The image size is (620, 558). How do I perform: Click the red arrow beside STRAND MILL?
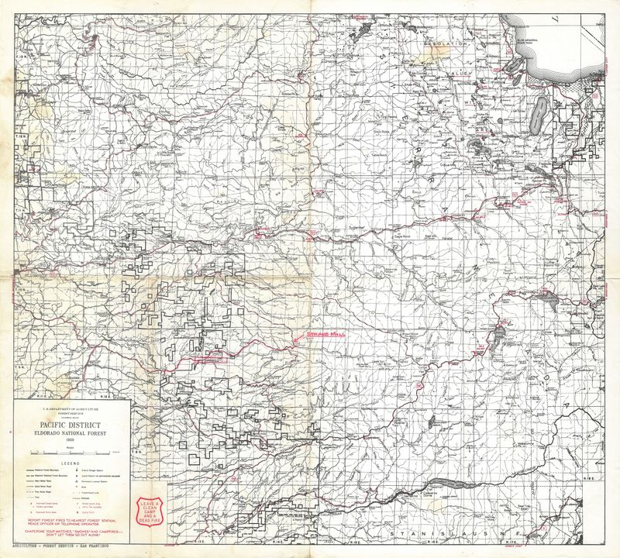(299, 337)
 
